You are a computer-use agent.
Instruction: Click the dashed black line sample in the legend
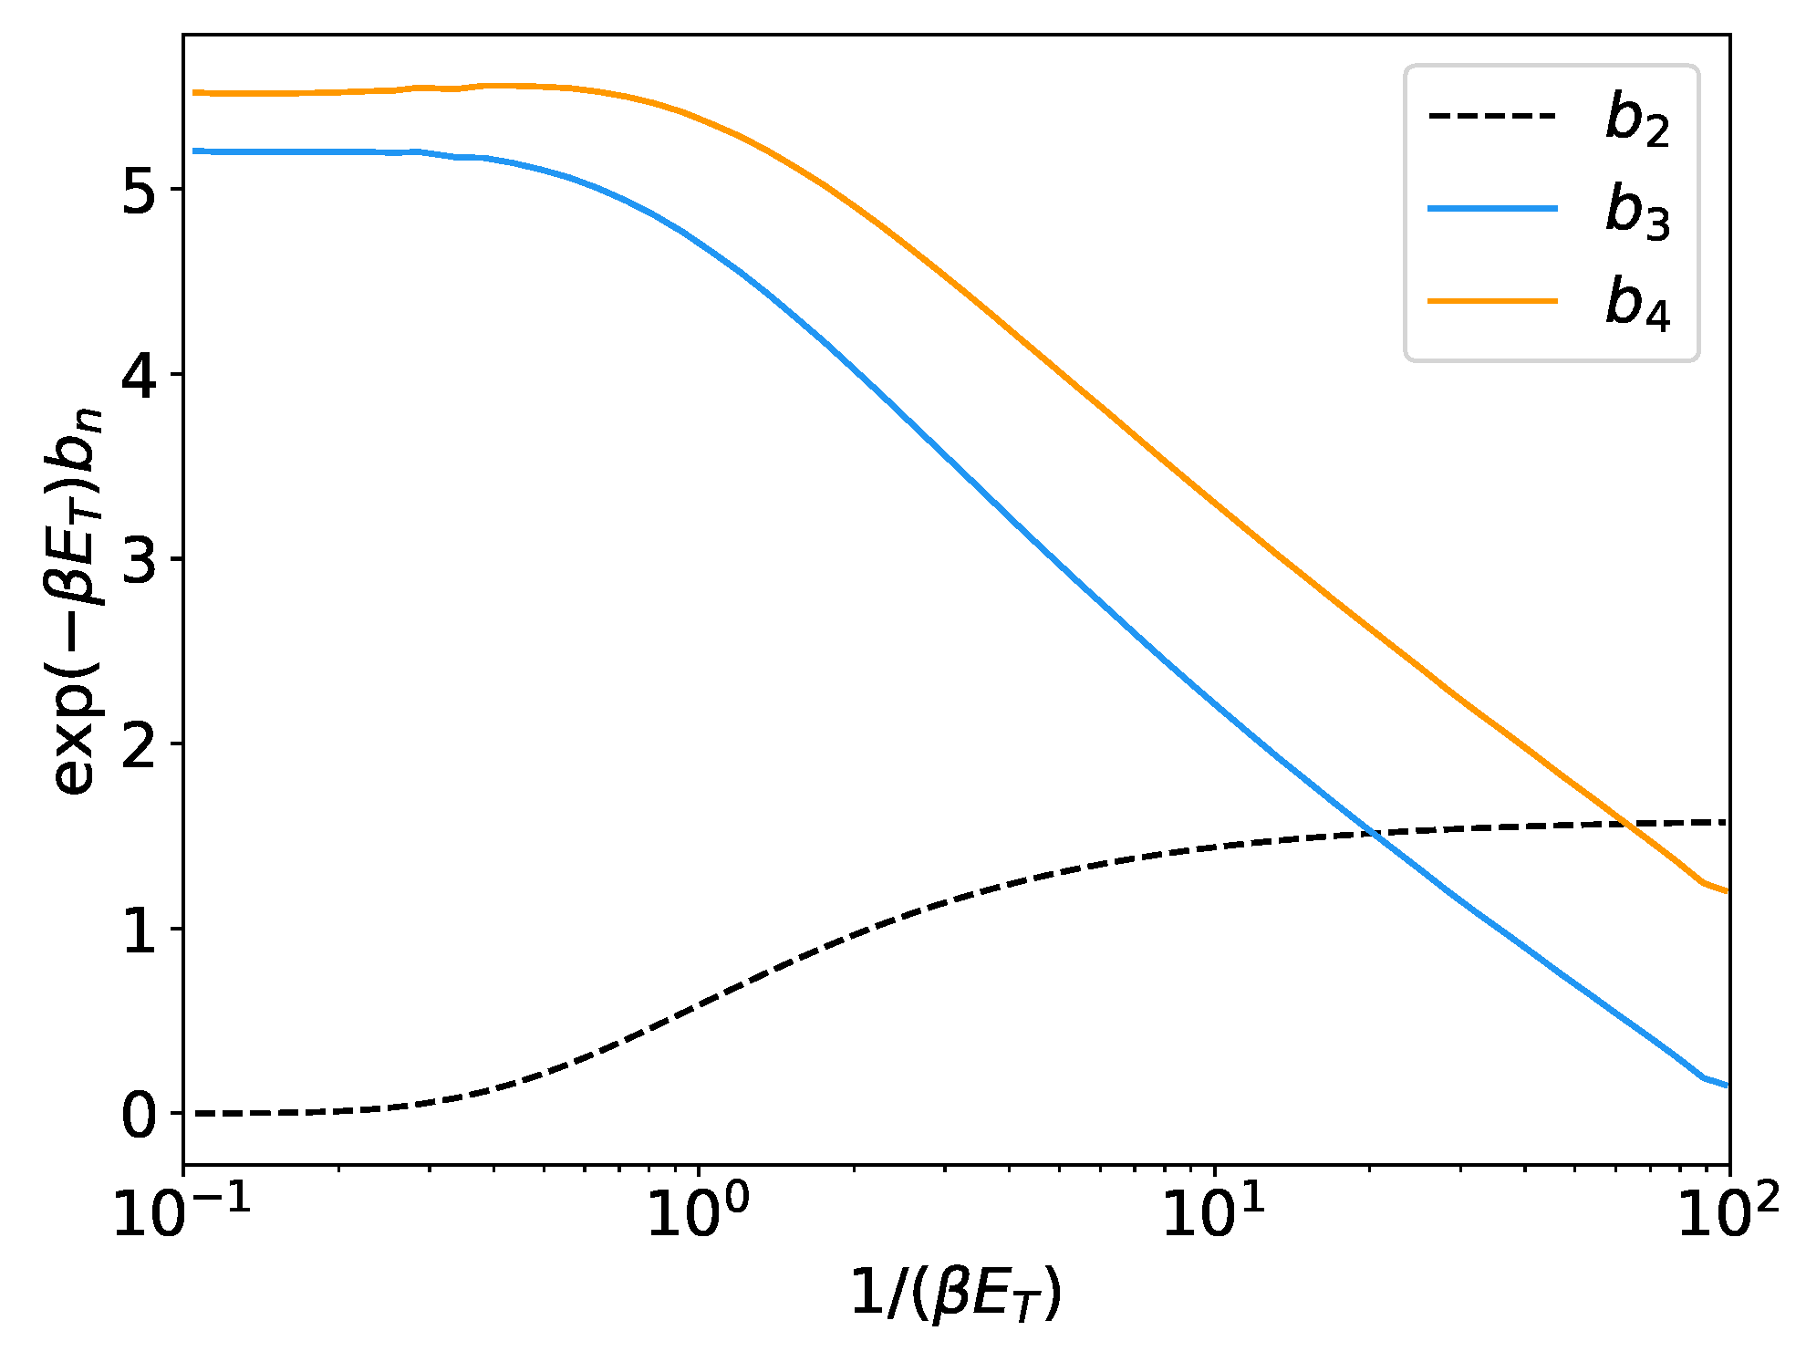click(x=1492, y=117)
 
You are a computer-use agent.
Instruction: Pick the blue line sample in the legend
click(x=1492, y=209)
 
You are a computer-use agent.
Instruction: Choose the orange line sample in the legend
click(x=1492, y=300)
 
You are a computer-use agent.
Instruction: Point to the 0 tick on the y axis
click(x=140, y=1114)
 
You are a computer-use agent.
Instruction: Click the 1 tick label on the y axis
click(x=140, y=930)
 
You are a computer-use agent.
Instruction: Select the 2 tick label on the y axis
click(x=140, y=744)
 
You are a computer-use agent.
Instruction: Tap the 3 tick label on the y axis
click(x=140, y=559)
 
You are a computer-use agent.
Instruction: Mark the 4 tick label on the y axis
click(x=140, y=375)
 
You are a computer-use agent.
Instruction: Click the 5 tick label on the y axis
click(x=140, y=190)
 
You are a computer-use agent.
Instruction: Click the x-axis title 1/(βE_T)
click(x=956, y=1294)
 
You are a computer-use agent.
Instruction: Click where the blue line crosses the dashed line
click(x=1373, y=832)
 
